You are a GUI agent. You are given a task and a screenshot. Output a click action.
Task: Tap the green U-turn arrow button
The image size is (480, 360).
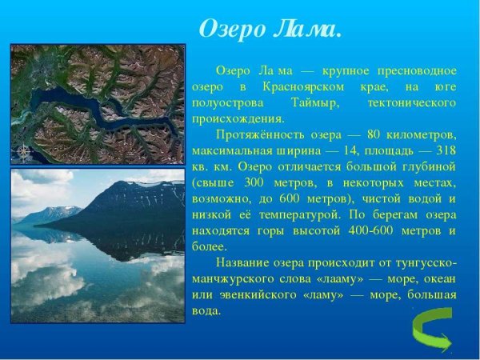(433, 330)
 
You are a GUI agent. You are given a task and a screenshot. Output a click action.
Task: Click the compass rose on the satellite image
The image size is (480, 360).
(23, 151)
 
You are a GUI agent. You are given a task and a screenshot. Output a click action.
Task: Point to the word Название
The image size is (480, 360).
(243, 262)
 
